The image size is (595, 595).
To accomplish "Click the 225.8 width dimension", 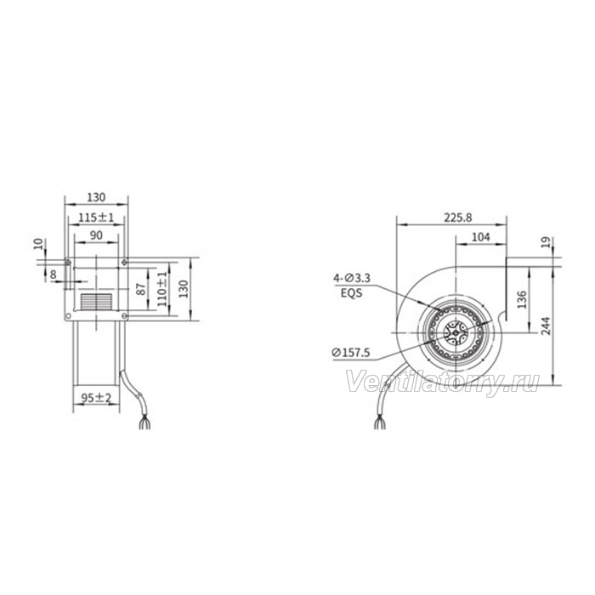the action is [x=458, y=218].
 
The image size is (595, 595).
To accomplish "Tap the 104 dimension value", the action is [x=480, y=237].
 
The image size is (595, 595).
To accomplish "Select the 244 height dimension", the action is [x=546, y=326].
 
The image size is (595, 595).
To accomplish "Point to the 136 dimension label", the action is [x=522, y=299].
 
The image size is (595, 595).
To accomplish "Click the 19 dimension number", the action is [x=546, y=242].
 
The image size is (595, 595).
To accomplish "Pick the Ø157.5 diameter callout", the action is [x=350, y=353].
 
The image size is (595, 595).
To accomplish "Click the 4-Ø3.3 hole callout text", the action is [x=352, y=278].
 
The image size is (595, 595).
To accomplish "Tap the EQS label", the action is [x=351, y=293].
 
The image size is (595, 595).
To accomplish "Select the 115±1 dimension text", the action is [x=96, y=218].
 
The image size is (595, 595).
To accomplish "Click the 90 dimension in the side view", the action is [x=96, y=235].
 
